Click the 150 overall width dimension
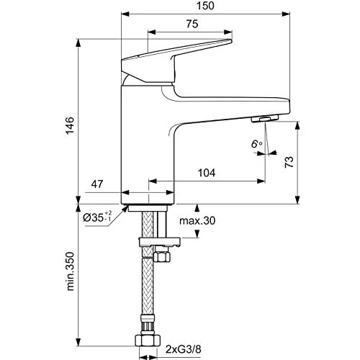pyautogui.click(x=205, y=6)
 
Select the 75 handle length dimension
pyautogui.click(x=192, y=24)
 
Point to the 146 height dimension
pyautogui.click(x=70, y=126)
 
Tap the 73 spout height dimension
pyautogui.click(x=289, y=162)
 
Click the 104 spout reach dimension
pyautogui.click(x=207, y=173)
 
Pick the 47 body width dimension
pyautogui.click(x=97, y=184)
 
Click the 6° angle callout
pyautogui.click(x=257, y=144)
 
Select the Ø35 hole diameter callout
pyautogui.click(x=97, y=217)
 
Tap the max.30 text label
pyautogui.click(x=197, y=221)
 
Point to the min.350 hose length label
pyautogui.click(x=71, y=271)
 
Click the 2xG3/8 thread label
pyautogui.click(x=183, y=349)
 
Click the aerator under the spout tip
pyautogui.click(x=265, y=118)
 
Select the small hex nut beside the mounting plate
pyautogui.click(x=162, y=256)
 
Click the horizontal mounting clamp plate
pyautogui.click(x=160, y=242)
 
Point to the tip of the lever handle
pyautogui.click(x=231, y=41)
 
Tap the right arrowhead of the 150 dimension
pyautogui.click(x=286, y=14)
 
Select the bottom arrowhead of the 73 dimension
pyautogui.click(x=297, y=199)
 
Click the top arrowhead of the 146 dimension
pyautogui.click(x=78, y=43)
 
